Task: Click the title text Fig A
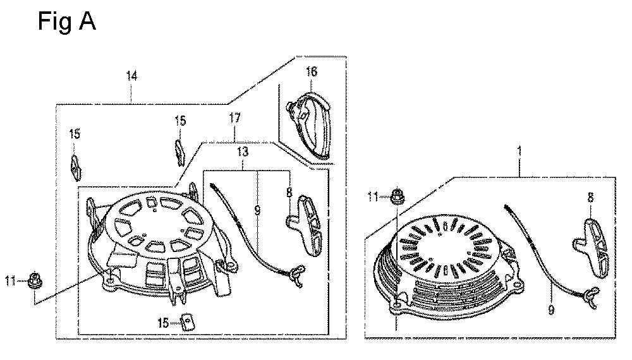click(x=67, y=21)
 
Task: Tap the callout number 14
click(x=132, y=76)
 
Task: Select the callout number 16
click(x=311, y=71)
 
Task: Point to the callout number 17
click(x=234, y=118)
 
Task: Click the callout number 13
click(x=243, y=152)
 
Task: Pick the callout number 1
click(x=520, y=152)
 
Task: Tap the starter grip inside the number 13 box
click(x=305, y=225)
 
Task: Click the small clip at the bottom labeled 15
click(x=187, y=321)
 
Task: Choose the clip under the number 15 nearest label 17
click(x=180, y=152)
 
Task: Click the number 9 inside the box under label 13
click(x=257, y=210)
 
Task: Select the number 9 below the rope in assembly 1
click(x=550, y=309)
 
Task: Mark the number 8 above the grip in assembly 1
click(x=590, y=197)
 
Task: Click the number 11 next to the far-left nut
click(x=11, y=280)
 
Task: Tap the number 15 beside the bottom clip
click(x=163, y=323)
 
